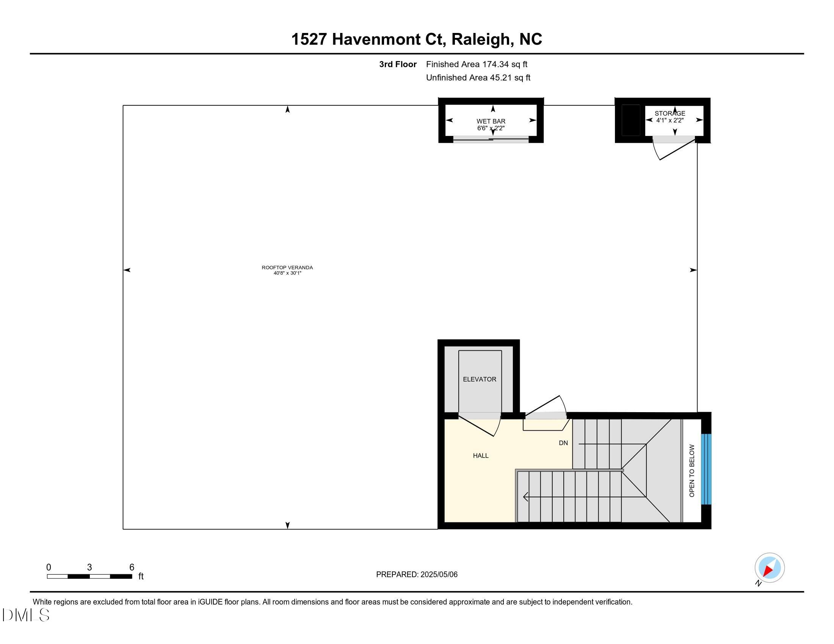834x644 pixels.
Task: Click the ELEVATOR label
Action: point(479,379)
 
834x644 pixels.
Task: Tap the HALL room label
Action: point(480,455)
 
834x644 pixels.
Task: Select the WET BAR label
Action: point(491,121)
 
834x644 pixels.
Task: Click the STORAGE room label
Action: point(670,113)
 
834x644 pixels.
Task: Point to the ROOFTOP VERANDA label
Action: point(287,268)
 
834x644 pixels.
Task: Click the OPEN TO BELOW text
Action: point(691,470)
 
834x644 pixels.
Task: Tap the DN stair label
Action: point(563,443)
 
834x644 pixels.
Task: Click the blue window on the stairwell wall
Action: point(706,469)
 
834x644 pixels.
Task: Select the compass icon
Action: point(769,568)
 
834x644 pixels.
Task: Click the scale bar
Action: point(89,577)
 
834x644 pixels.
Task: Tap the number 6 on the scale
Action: point(132,567)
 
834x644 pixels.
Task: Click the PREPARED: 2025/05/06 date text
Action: point(417,575)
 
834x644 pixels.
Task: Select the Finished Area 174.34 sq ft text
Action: point(477,64)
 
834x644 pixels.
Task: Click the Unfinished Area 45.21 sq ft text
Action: point(478,78)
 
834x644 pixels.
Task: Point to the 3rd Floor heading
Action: point(398,64)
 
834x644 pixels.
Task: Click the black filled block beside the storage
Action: point(630,120)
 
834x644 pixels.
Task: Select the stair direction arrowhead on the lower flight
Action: point(526,497)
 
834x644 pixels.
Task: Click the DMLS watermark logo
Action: point(25,615)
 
